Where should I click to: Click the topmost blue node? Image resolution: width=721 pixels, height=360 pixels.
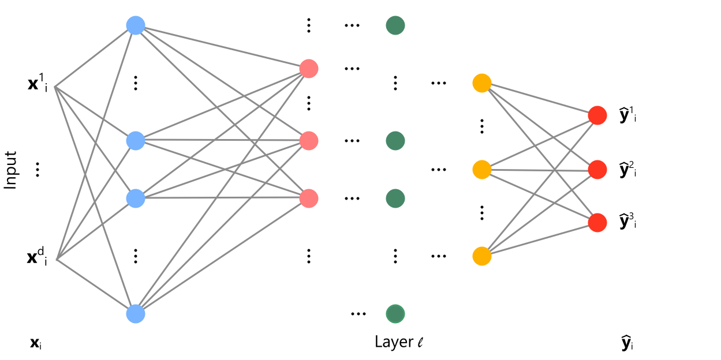[135, 25]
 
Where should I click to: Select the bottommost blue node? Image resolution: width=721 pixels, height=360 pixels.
[135, 314]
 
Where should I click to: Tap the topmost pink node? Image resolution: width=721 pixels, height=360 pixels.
[309, 69]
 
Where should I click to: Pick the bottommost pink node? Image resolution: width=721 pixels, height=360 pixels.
[309, 198]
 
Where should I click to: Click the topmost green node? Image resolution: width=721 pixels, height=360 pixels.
[395, 25]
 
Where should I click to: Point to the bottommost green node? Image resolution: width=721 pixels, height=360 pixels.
[395, 314]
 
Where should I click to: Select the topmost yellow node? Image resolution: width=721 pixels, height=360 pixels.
[481, 83]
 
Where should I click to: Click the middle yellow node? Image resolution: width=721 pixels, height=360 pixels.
[481, 170]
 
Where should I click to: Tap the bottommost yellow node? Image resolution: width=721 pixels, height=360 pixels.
[481, 256]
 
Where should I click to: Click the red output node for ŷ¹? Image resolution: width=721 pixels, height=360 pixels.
[597, 115]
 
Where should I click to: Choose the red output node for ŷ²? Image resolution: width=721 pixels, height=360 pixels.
[597, 170]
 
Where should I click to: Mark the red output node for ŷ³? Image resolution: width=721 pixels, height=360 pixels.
[597, 223]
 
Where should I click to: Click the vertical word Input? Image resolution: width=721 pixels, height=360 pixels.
[10, 170]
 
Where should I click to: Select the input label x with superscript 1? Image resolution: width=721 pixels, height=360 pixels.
[38, 85]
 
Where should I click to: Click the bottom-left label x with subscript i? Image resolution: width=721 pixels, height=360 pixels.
[36, 344]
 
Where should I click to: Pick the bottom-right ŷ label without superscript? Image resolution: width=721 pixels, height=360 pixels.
[626, 344]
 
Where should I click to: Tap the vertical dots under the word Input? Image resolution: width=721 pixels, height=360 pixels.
[38, 170]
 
